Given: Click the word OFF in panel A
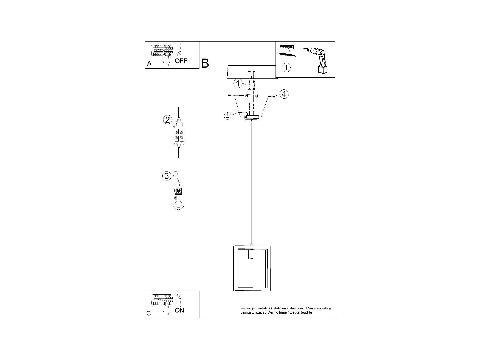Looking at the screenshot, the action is (x=181, y=61).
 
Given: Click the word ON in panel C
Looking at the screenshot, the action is (x=180, y=310).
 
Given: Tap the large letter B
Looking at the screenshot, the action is (x=205, y=63).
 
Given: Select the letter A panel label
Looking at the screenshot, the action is (x=149, y=63).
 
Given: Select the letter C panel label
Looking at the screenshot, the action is (x=149, y=313).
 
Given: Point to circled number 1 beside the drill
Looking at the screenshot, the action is (x=286, y=67).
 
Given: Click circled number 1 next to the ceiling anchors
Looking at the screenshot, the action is (x=238, y=83).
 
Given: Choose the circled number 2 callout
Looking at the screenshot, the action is (x=167, y=119).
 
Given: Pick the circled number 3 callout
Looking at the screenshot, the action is (x=167, y=176).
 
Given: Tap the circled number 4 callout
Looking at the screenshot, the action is (x=284, y=94).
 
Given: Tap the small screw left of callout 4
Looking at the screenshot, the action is (x=273, y=96).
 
